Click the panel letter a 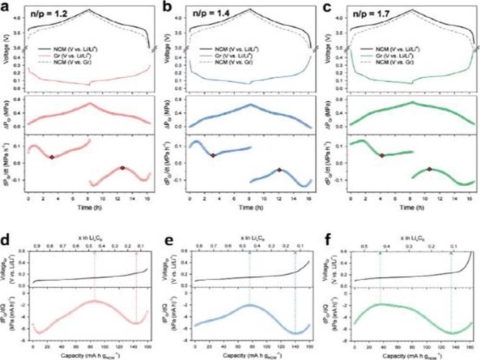[x=7, y=6]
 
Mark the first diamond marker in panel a [x=52, y=157]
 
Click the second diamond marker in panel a [x=122, y=168]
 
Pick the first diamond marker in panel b [x=213, y=155]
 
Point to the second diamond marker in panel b [x=279, y=169]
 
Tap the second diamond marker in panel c [x=430, y=169]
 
